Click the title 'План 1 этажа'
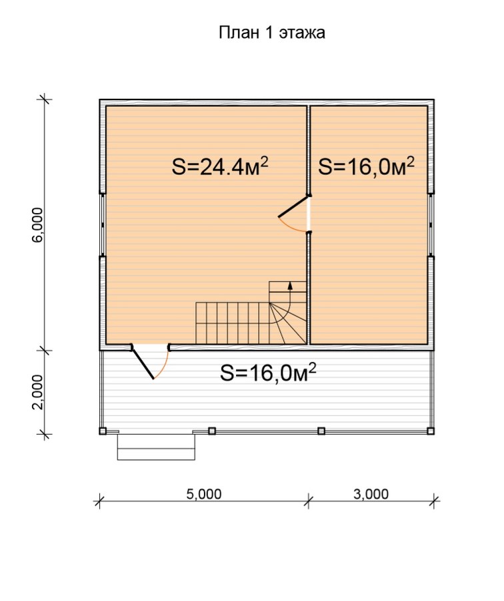pyautogui.click(x=272, y=33)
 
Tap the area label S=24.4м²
pyautogui.click(x=219, y=167)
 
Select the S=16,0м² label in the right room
pyautogui.click(x=366, y=166)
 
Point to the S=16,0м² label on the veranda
pyautogui.click(x=268, y=373)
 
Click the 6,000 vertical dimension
pyautogui.click(x=38, y=224)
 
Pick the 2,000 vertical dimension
pyautogui.click(x=38, y=392)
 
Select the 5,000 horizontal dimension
pyautogui.click(x=204, y=494)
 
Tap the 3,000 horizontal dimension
pyautogui.click(x=371, y=494)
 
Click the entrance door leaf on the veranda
pyautogui.click(x=143, y=363)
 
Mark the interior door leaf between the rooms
pyautogui.click(x=293, y=207)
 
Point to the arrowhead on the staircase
pyautogui.click(x=290, y=285)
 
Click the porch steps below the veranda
pyautogui.click(x=156, y=447)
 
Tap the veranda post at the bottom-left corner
pyautogui.click(x=103, y=431)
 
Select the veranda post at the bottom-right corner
pyautogui.click(x=431, y=431)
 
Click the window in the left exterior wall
pyautogui.click(x=102, y=224)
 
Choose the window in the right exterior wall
pyautogui.click(x=431, y=224)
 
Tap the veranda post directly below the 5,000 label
pyautogui.click(x=212, y=431)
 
